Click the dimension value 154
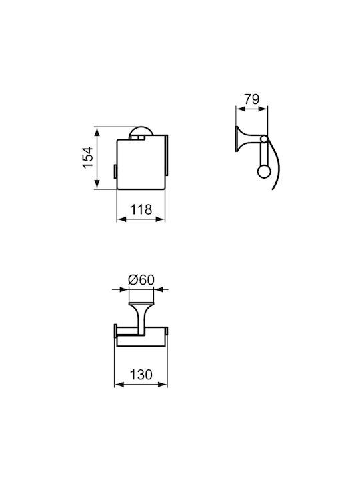coord(87,157)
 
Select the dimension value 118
coord(141,210)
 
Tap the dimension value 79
coord(251,99)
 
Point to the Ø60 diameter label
coord(141,280)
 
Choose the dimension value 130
coord(141,375)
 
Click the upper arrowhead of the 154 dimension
coord(97,132)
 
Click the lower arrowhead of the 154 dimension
coord(97,184)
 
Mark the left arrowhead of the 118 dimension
coord(122,219)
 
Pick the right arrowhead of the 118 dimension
coord(160,219)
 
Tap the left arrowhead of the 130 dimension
coord(119,384)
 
